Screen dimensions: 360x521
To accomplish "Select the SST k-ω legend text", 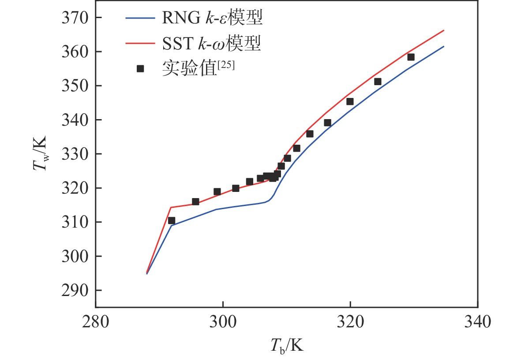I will [212, 43].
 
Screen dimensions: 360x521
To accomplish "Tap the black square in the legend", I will [140, 68].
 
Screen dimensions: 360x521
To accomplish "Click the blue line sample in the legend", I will [140, 19].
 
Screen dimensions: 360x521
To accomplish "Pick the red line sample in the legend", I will [140, 43].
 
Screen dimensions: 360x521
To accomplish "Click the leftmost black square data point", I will [172, 221].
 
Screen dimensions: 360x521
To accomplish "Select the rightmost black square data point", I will [411, 57].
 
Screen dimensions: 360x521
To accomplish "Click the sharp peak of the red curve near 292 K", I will [171, 207].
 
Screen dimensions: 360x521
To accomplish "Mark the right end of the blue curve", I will [443, 46].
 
